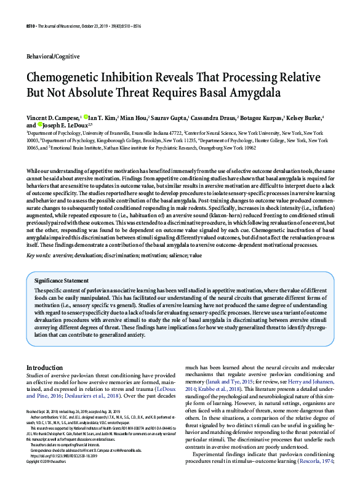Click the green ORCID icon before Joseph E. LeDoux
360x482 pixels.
pyautogui.click(x=40, y=124)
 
